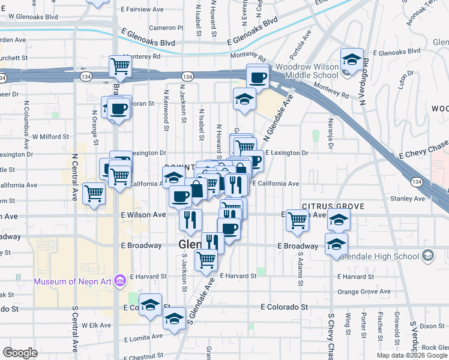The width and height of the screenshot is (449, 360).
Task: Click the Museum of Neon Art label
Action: point(74,281)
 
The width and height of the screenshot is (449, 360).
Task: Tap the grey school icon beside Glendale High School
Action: point(427,257)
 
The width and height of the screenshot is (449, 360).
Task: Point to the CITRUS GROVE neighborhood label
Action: point(333,206)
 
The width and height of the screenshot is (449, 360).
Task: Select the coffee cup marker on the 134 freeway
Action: point(258,77)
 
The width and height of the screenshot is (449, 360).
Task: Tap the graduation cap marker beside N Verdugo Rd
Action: point(351,60)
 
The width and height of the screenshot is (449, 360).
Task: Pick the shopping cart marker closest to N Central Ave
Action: point(94,193)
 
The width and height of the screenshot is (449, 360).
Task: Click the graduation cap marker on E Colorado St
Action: point(150,304)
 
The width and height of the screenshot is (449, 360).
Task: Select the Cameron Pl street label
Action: point(166,28)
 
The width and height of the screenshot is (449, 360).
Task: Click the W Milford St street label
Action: point(51,137)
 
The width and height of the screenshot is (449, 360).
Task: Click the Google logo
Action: point(20,353)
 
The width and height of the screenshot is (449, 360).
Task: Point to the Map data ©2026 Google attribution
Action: point(411,355)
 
